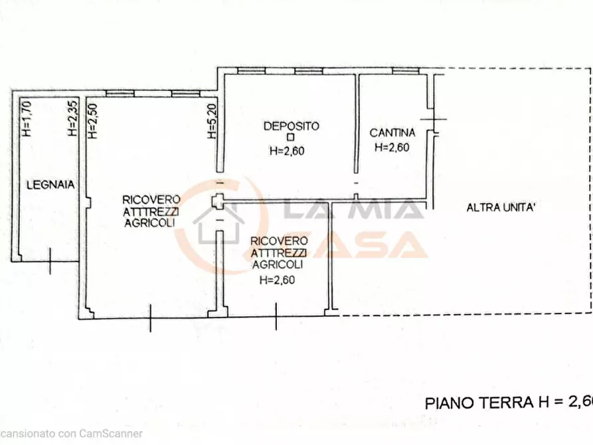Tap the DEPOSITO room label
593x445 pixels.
tap(292, 126)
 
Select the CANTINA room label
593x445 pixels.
tap(392, 132)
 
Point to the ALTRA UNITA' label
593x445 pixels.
tap(501, 207)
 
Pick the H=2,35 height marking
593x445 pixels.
tap(72, 118)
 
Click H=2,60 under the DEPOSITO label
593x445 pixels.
tap(287, 151)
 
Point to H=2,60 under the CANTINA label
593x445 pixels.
tap(391, 147)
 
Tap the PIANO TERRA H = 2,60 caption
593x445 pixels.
tap(508, 402)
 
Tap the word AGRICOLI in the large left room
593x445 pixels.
tap(149, 223)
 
